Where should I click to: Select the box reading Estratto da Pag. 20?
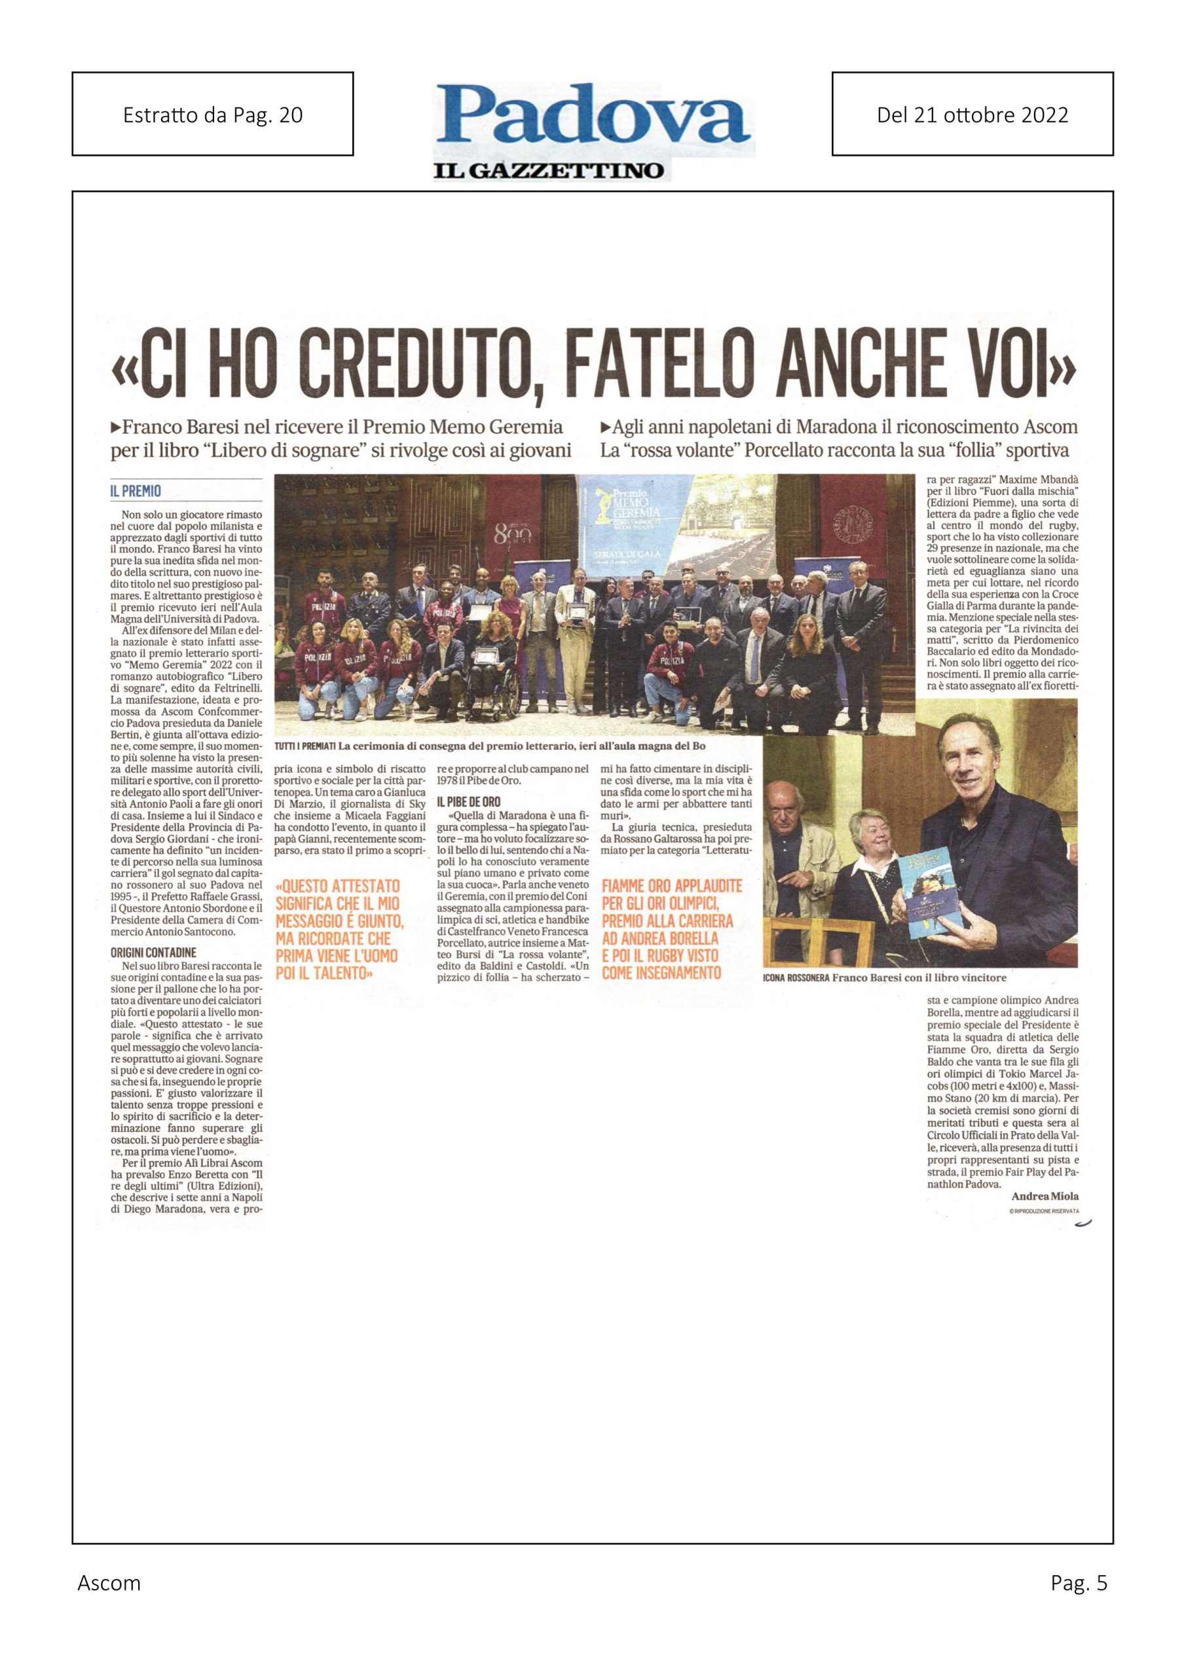point(213,114)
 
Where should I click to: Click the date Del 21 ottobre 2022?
point(972,114)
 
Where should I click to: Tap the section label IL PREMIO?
point(135,491)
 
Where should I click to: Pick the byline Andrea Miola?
point(1045,1195)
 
